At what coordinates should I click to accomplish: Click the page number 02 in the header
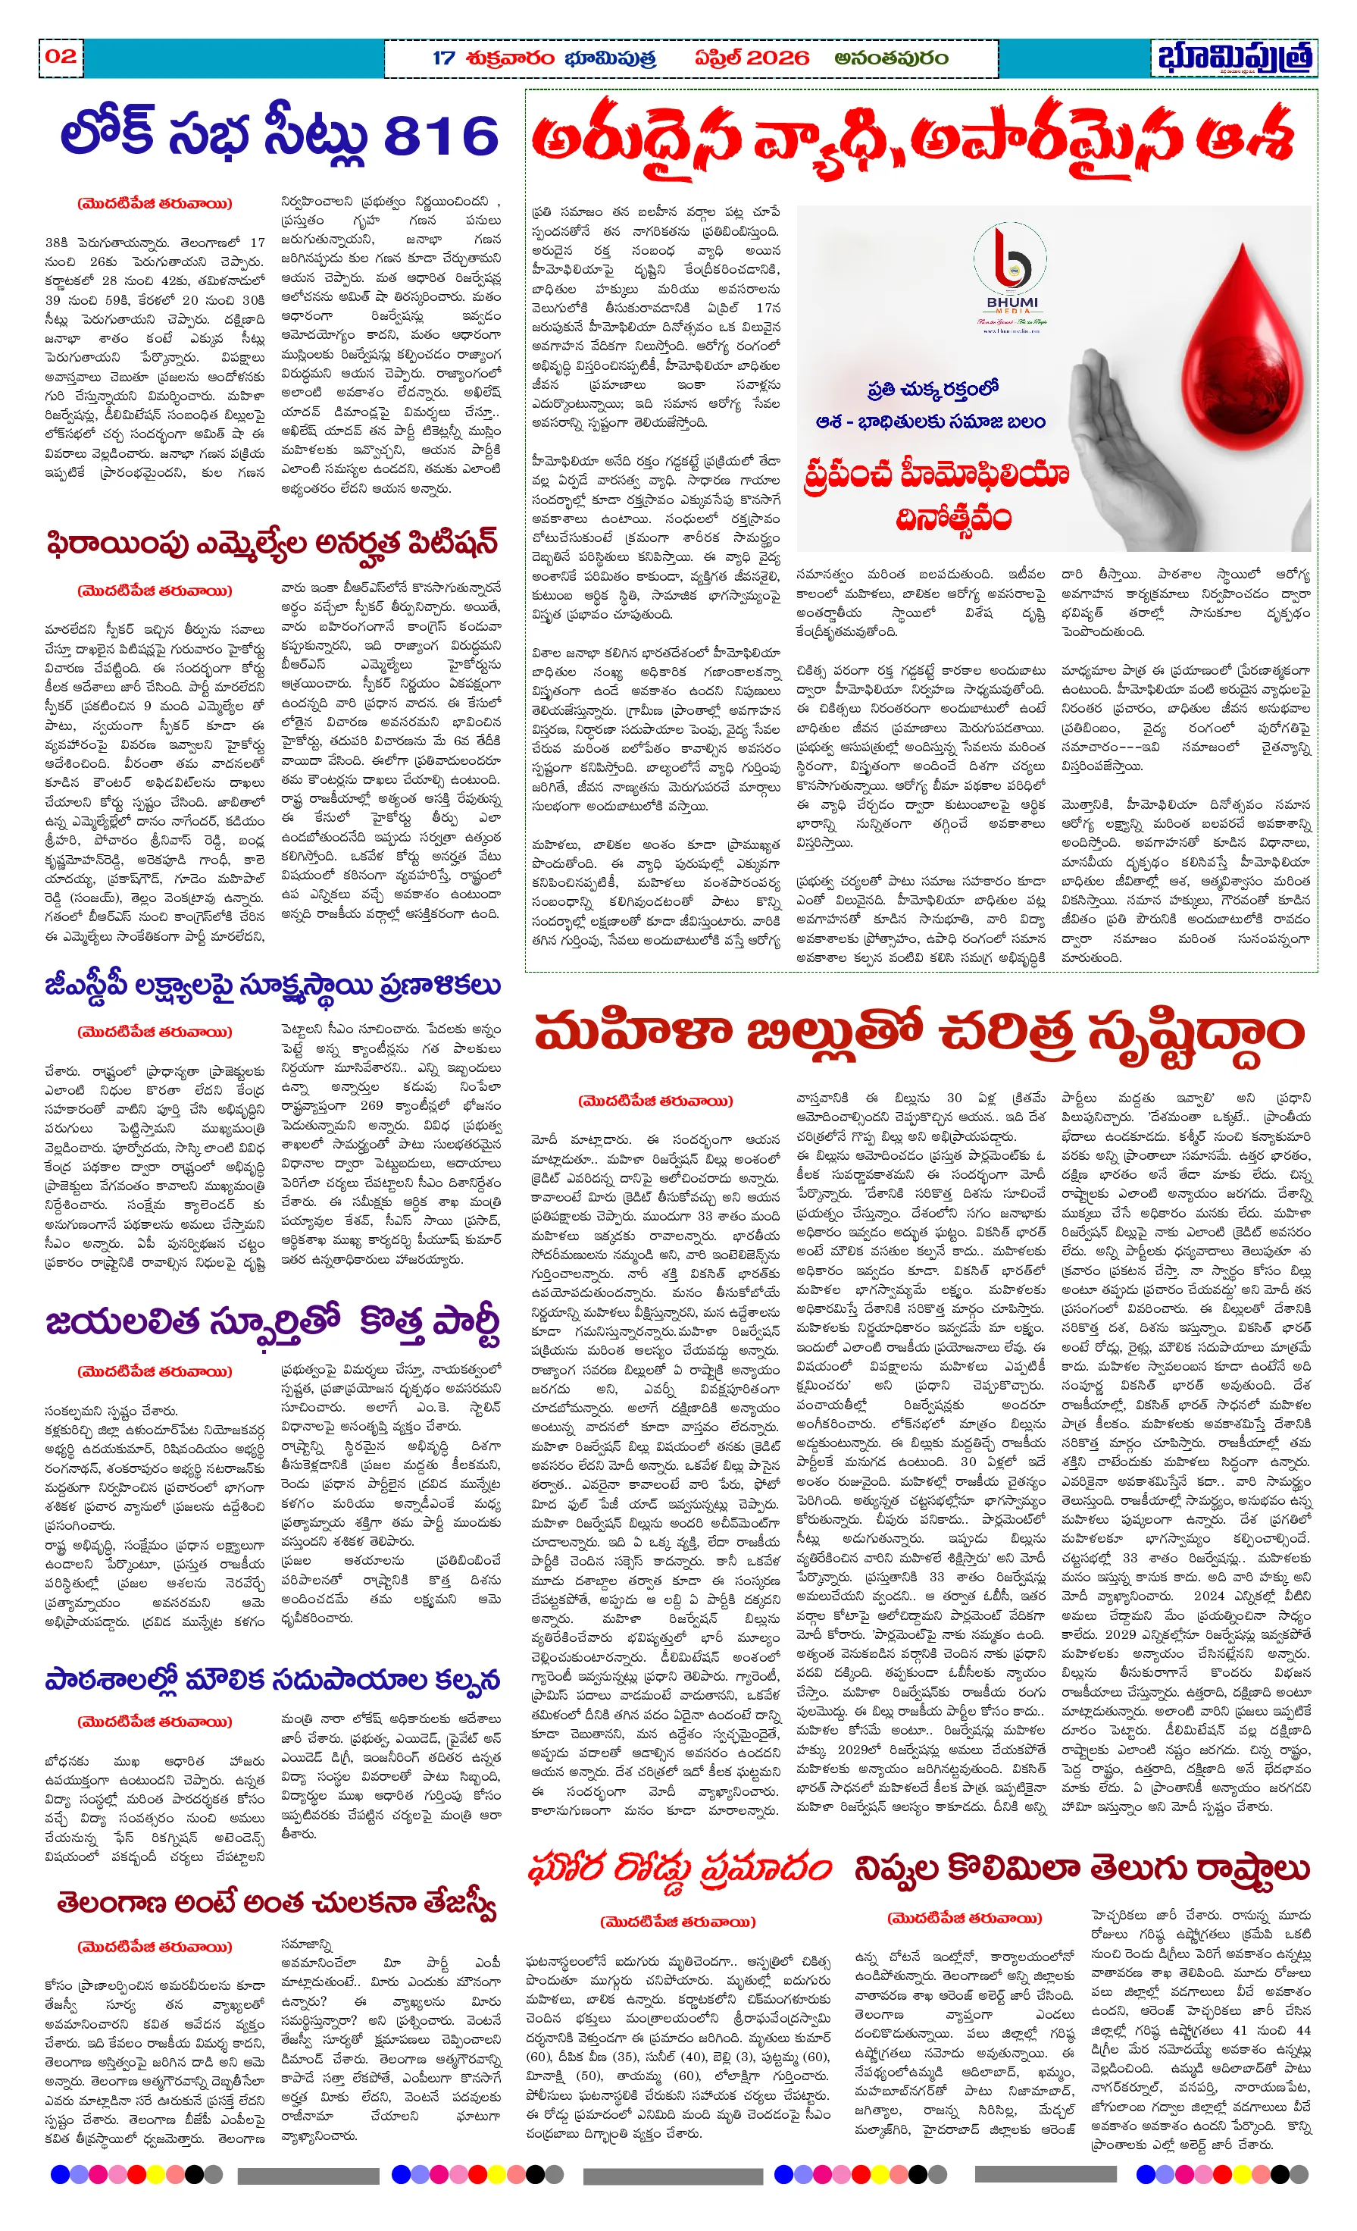pyautogui.click(x=61, y=56)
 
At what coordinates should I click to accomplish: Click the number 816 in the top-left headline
pyautogui.click(x=441, y=136)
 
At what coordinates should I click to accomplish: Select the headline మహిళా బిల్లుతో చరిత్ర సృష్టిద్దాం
pyautogui.click(x=918, y=1032)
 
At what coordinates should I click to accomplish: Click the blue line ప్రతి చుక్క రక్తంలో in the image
pyautogui.click(x=933, y=390)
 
